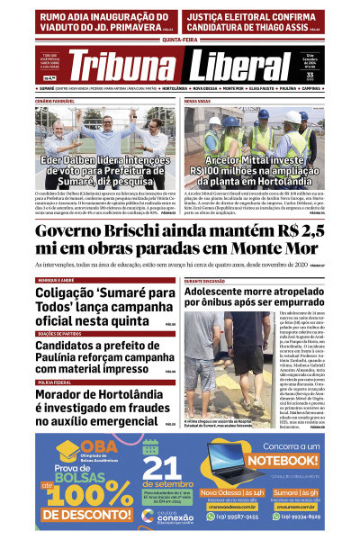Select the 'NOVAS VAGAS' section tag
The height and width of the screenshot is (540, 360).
[197, 100]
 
